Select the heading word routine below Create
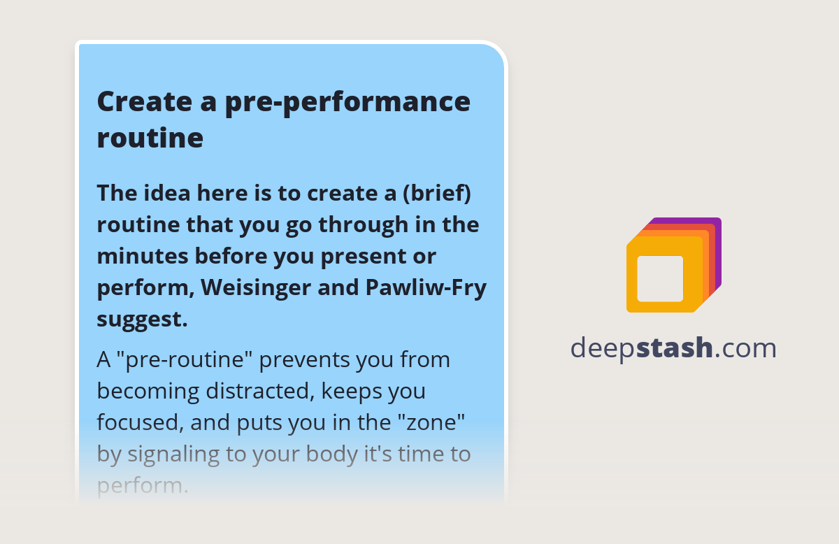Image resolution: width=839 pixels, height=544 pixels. tap(150, 138)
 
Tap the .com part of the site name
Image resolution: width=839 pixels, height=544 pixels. tap(745, 348)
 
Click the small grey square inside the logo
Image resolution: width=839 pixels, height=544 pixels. tap(660, 278)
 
